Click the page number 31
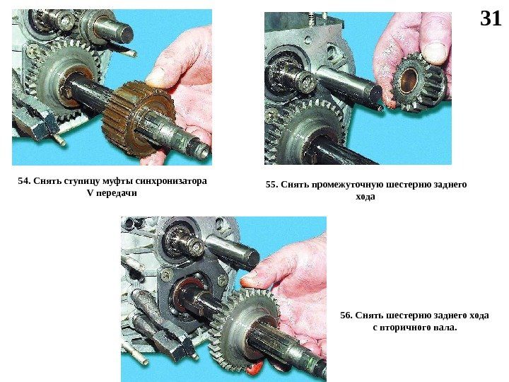[491, 18]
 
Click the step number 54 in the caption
[23, 181]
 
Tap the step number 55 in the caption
[271, 185]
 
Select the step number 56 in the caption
[346, 316]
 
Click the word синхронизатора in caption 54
[171, 181]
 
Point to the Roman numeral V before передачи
[90, 193]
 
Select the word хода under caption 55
[365, 197]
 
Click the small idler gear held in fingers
[419, 82]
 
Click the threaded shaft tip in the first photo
[202, 151]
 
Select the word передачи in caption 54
[117, 193]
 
